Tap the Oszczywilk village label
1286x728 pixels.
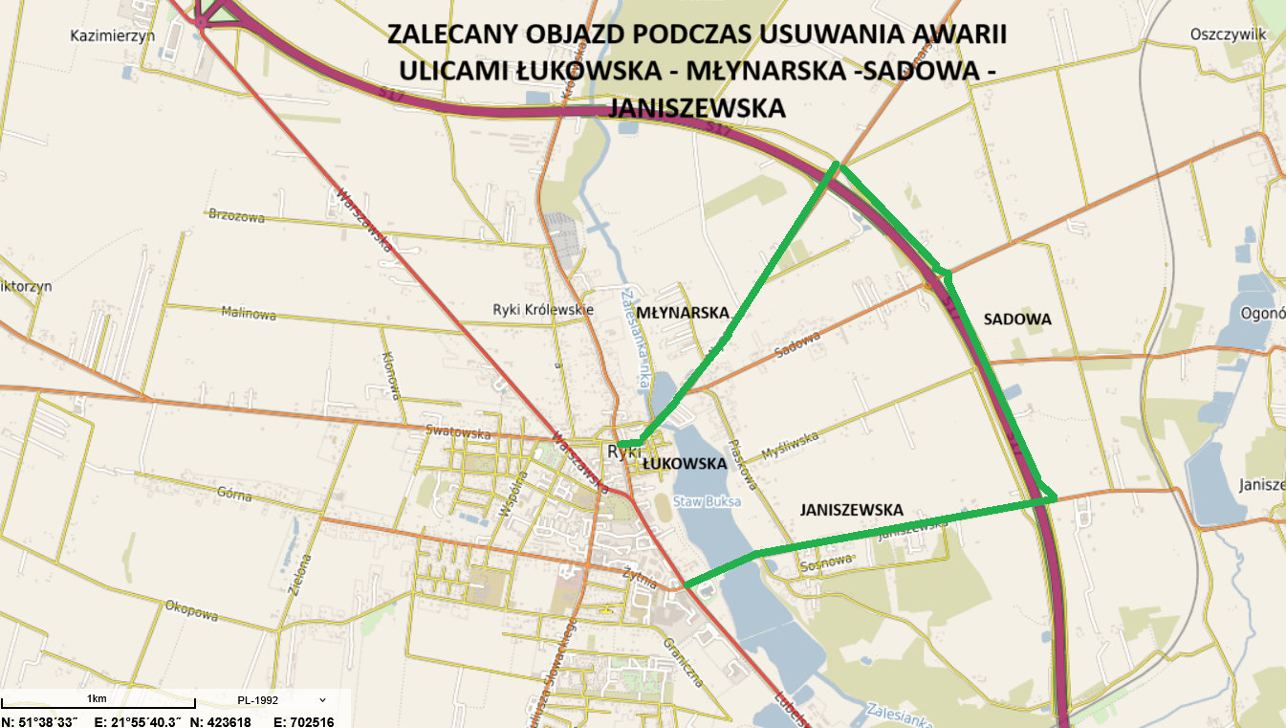click(1228, 33)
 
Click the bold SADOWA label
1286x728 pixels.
click(1017, 320)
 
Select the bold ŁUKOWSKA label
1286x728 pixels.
click(685, 464)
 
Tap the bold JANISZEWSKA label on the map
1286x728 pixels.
click(851, 510)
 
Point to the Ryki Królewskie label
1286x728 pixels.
click(543, 309)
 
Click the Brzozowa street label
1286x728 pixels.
click(236, 215)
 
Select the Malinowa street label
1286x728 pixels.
click(249, 313)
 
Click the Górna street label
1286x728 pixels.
click(235, 496)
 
